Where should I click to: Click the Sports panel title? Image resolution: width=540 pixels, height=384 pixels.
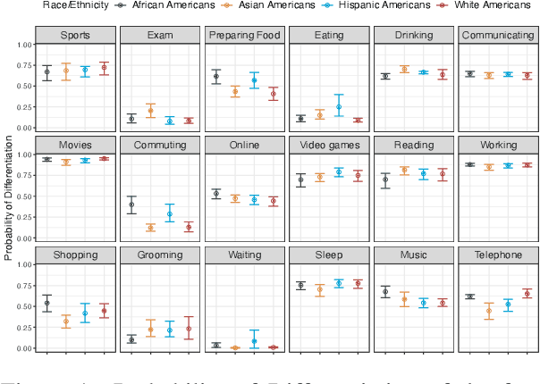point(75,36)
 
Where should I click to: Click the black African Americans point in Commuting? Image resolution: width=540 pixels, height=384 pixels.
point(132,205)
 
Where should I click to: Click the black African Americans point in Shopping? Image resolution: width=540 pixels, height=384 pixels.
point(47,304)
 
